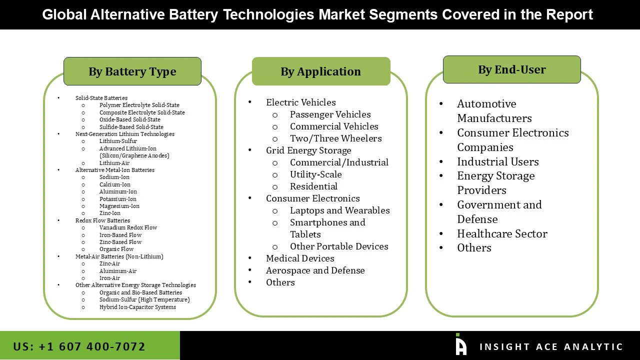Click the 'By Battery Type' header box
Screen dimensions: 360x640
pos(132,71)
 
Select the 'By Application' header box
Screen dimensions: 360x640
pos(320,71)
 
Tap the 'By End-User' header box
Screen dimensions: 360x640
pos(511,69)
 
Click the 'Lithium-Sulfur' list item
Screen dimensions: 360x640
pos(118,141)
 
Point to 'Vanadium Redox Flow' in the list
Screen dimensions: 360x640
pos(128,227)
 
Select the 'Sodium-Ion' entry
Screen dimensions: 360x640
pos(114,177)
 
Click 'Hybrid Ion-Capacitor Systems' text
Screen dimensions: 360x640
pos(137,307)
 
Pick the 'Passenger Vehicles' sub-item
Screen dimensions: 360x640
pos(330,114)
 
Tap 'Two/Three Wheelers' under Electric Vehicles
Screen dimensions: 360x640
pos(335,138)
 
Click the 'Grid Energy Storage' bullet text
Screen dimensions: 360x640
pos(308,150)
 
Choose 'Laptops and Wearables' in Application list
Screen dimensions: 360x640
pos(339,210)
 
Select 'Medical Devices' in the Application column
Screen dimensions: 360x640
pos(300,258)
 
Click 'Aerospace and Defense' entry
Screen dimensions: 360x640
pos(315,270)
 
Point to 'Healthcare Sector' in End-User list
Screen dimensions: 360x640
pos(502,234)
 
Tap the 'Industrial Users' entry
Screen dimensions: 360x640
pos(497,162)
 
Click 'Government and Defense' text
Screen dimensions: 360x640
pos(499,212)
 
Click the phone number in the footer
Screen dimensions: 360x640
pos(79,346)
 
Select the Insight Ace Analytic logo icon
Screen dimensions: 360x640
pos(460,345)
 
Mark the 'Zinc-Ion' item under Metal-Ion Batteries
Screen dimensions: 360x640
pos(109,213)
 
